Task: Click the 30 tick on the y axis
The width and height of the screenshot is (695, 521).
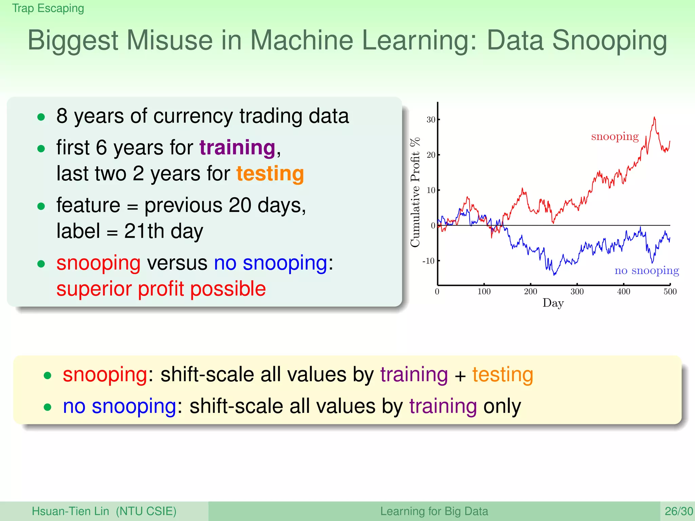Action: click(x=431, y=120)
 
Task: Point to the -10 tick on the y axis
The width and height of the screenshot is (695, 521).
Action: click(x=428, y=261)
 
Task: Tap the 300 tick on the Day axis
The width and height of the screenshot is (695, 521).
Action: click(x=577, y=291)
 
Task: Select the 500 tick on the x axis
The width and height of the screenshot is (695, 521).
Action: click(x=670, y=291)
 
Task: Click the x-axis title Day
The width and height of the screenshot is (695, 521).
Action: click(x=553, y=303)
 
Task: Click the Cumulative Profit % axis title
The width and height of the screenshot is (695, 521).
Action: click(x=415, y=192)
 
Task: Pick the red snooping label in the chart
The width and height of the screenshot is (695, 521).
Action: click(x=615, y=136)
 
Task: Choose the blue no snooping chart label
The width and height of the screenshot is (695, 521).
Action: click(x=646, y=270)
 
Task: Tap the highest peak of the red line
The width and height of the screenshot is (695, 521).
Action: click(x=655, y=117)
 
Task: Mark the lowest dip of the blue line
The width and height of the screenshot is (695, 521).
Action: click(x=555, y=275)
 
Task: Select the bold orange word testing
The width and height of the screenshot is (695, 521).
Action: click(x=270, y=173)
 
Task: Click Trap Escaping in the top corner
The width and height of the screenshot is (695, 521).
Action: click(x=48, y=8)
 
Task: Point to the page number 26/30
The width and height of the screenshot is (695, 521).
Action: click(x=678, y=511)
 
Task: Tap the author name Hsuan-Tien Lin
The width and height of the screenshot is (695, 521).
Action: click(x=70, y=511)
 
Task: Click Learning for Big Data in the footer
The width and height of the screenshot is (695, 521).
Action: click(x=434, y=511)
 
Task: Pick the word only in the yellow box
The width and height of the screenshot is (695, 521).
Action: click(x=502, y=406)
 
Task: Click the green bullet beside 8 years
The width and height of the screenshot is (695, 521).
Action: click(x=41, y=117)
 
